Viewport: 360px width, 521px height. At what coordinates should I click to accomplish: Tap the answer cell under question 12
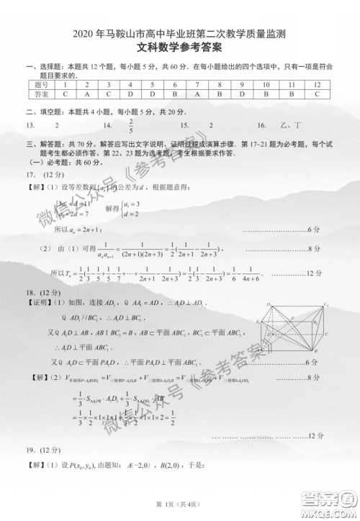pos(317,94)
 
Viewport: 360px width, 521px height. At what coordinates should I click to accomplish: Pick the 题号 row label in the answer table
pos(42,85)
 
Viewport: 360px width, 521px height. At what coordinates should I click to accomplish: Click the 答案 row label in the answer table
pos(42,94)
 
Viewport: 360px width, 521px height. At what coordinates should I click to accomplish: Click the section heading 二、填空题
pos(47,111)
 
